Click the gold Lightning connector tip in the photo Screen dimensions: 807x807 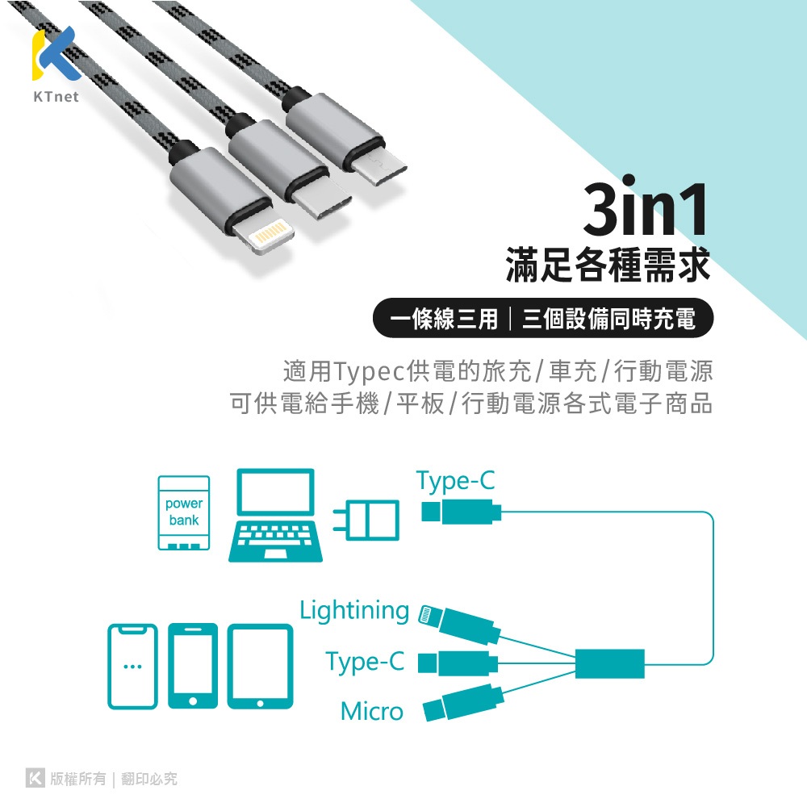[x=265, y=239]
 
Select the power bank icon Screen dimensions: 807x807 [x=184, y=512]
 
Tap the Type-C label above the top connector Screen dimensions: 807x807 [x=456, y=482]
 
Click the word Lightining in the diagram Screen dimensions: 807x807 [x=354, y=610]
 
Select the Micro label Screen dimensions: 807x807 [x=371, y=712]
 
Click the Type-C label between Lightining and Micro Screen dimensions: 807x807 [x=365, y=662]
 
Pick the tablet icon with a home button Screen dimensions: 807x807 [x=259, y=666]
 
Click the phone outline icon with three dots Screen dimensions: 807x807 [x=132, y=666]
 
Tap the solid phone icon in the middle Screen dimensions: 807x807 [x=193, y=666]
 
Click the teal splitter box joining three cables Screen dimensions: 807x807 [x=610, y=663]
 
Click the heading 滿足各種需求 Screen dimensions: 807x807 [x=608, y=266]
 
